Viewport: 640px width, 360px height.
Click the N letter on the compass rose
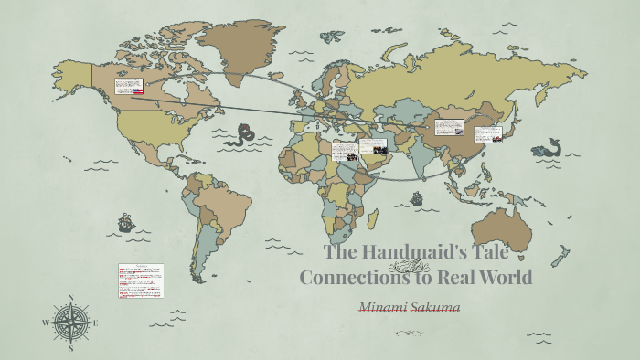71,298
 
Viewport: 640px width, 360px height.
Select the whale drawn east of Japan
549,148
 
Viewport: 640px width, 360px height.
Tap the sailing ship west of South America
125,222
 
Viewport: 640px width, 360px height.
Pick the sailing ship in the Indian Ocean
417,197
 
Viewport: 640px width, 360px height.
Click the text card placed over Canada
129,87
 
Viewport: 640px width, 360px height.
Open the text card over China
450,127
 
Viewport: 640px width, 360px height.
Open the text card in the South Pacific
141,281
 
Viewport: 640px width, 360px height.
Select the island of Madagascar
372,218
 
